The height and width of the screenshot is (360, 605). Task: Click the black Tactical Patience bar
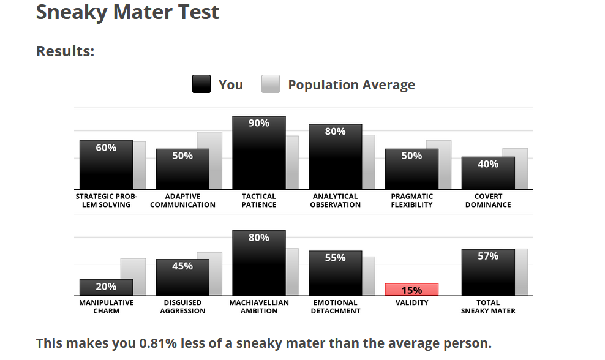point(258,153)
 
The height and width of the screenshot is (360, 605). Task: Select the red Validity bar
point(411,290)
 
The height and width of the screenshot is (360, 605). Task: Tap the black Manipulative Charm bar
point(106,288)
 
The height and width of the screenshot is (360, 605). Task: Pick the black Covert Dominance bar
point(488,173)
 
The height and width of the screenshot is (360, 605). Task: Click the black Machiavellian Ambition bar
point(258,263)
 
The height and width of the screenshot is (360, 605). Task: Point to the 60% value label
point(106,148)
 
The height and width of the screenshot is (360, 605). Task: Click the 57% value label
point(488,256)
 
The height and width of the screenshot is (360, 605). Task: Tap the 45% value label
point(182,266)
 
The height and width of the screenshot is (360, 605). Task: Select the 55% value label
point(335,258)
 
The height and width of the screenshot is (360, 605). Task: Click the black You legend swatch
point(201,84)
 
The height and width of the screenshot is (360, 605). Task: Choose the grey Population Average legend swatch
point(271,84)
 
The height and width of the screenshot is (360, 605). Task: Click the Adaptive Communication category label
point(182,201)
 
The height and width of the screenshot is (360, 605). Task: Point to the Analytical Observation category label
point(335,201)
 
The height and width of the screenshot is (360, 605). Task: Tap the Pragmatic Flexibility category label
point(411,201)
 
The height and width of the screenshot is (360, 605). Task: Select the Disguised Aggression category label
point(182,307)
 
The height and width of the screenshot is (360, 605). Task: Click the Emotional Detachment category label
point(335,307)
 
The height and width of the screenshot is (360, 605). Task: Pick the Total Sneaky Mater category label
point(488,307)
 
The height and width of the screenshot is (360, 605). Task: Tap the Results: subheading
point(66,51)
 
